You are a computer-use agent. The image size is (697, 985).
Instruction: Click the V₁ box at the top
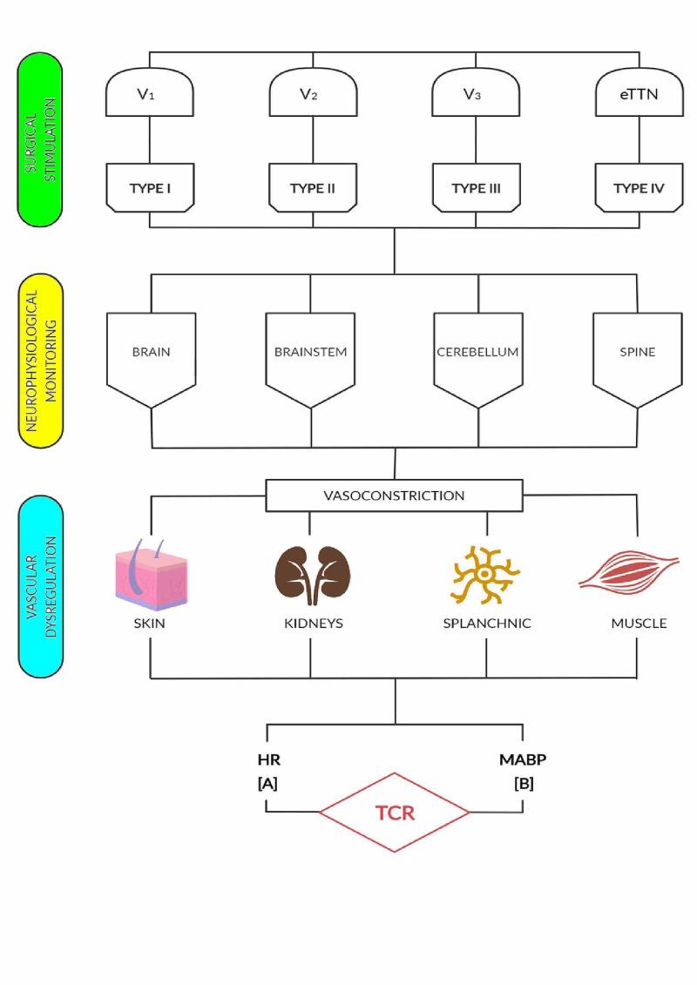tap(150, 94)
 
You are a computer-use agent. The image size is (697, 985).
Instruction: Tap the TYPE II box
tap(312, 188)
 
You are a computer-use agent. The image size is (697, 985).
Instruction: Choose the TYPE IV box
tap(637, 188)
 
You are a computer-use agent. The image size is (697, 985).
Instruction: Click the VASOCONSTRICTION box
tap(395, 496)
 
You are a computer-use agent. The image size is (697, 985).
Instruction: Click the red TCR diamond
tap(395, 813)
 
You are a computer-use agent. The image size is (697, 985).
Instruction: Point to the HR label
tap(267, 759)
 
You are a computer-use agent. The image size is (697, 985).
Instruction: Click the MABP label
tap(523, 759)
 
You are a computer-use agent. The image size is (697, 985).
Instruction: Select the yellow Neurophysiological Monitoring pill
tap(40, 358)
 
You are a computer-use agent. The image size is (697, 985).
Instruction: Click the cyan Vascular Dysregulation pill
tap(40, 586)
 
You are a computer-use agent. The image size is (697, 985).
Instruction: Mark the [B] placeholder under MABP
tap(524, 783)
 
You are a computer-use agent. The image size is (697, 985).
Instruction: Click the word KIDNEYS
tap(311, 623)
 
